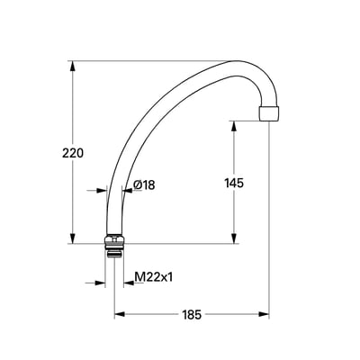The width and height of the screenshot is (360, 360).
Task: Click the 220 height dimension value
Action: pos(73,153)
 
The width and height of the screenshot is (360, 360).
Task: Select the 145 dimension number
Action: pos(234,183)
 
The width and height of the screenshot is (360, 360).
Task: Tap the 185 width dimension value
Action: pos(192,315)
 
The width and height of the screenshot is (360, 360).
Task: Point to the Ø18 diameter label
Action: pos(144,185)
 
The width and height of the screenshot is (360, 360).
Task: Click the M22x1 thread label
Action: pos(154,277)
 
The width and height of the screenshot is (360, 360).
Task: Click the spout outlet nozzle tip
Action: pos(268,113)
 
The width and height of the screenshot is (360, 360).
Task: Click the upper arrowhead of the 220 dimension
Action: pos(72,67)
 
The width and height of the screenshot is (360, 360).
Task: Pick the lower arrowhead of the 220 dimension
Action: pos(72,238)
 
